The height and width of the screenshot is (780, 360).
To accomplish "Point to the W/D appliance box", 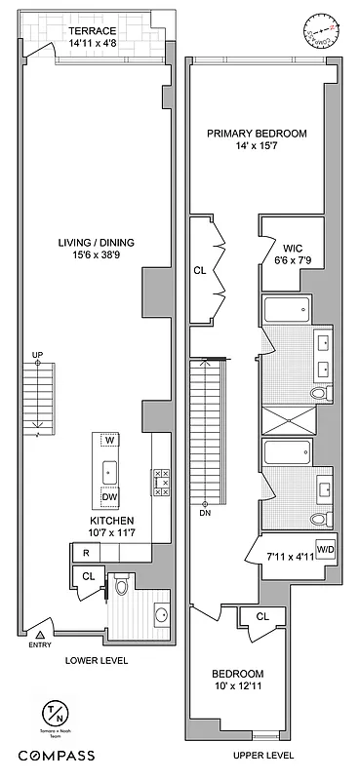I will coord(322,550).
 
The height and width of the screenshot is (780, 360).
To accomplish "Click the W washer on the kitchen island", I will coord(109,441).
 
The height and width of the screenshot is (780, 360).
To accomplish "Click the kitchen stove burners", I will coord(161,482).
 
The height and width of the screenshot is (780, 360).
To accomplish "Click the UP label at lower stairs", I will coord(37,354).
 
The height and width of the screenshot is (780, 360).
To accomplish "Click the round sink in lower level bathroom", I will coord(160,614).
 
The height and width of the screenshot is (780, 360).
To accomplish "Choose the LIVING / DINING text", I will coord(94,250).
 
